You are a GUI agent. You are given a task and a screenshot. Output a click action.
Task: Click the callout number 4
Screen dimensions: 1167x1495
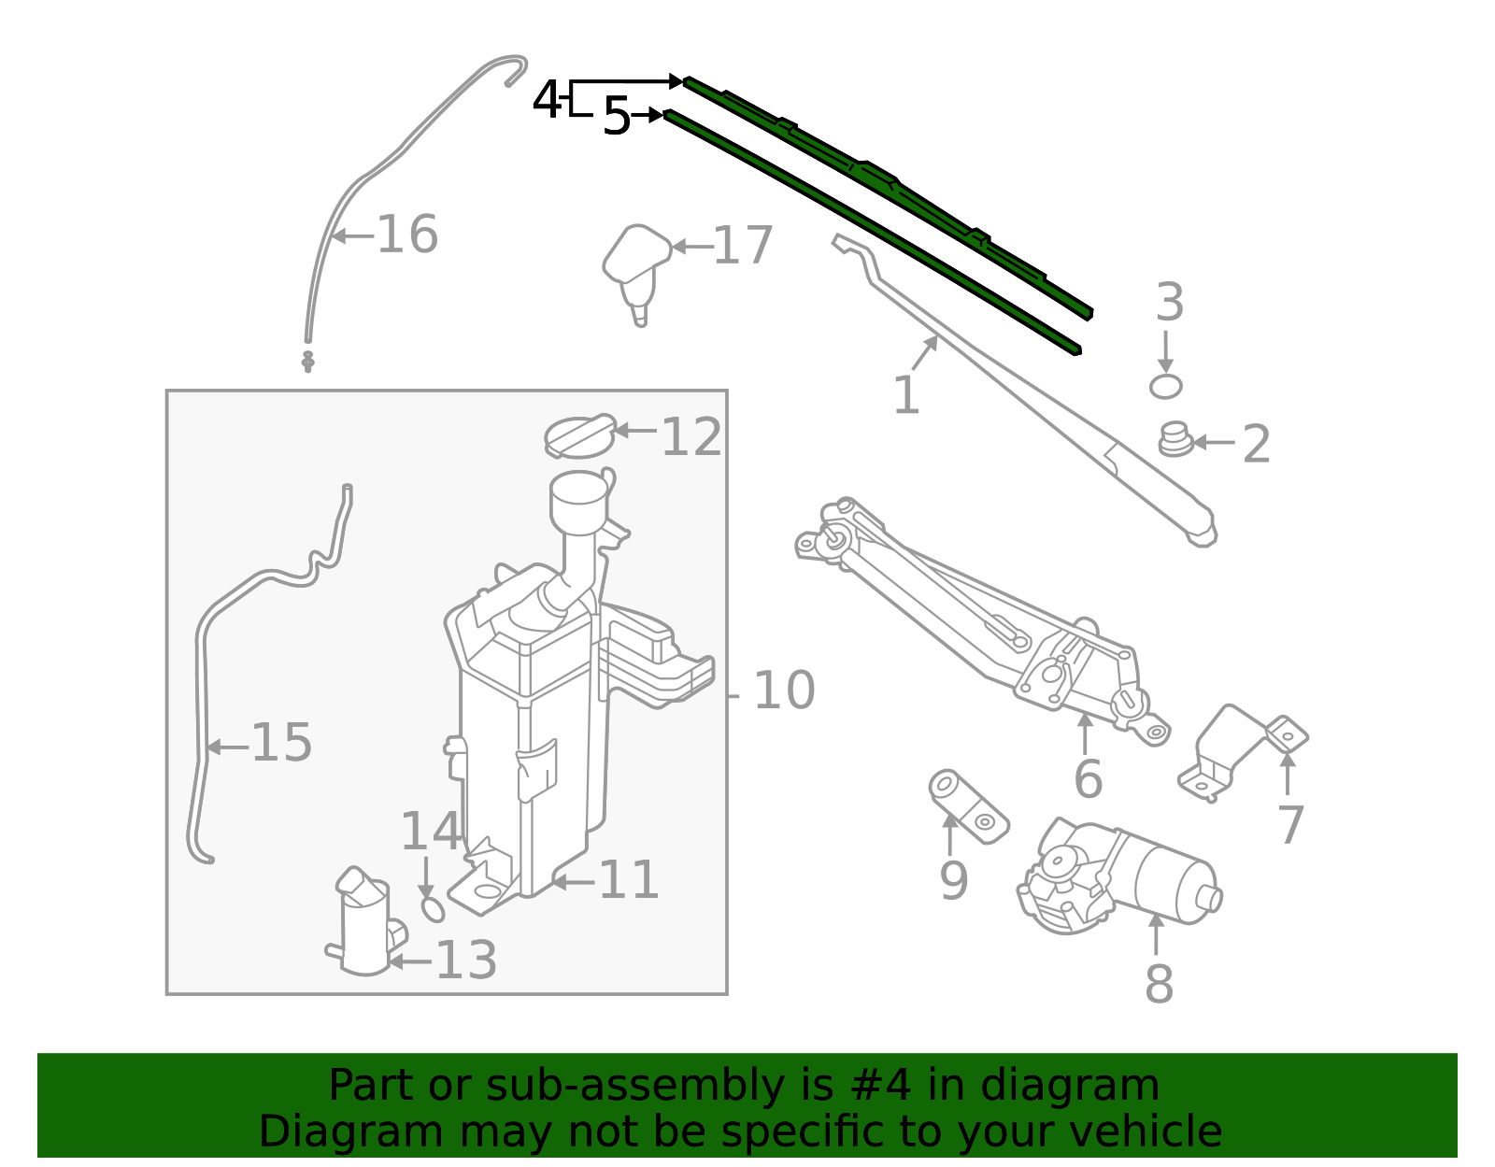(546, 99)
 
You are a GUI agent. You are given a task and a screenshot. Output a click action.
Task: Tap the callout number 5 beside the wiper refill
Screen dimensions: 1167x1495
(617, 117)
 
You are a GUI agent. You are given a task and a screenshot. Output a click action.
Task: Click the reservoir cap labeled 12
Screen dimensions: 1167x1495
(579, 435)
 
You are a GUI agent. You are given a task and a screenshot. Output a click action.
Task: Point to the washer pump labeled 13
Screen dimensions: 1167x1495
(365, 925)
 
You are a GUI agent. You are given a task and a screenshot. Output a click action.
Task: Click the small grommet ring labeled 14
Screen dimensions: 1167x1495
(434, 908)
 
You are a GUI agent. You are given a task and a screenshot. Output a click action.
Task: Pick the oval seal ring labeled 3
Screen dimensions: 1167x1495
(1165, 386)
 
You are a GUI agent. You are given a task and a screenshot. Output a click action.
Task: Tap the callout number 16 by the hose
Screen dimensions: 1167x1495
(407, 235)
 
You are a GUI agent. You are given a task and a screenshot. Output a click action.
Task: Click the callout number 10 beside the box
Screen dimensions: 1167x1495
(784, 691)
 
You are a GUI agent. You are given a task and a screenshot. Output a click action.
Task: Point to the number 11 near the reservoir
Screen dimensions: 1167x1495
(628, 880)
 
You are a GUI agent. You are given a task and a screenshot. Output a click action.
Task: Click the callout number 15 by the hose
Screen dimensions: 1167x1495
(281, 744)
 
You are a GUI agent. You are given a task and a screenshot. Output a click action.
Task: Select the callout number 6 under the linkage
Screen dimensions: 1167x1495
(1088, 779)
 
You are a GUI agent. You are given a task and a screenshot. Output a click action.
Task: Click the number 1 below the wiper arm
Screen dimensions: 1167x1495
(906, 395)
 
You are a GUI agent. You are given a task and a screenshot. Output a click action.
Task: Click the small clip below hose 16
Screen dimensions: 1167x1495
(307, 361)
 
